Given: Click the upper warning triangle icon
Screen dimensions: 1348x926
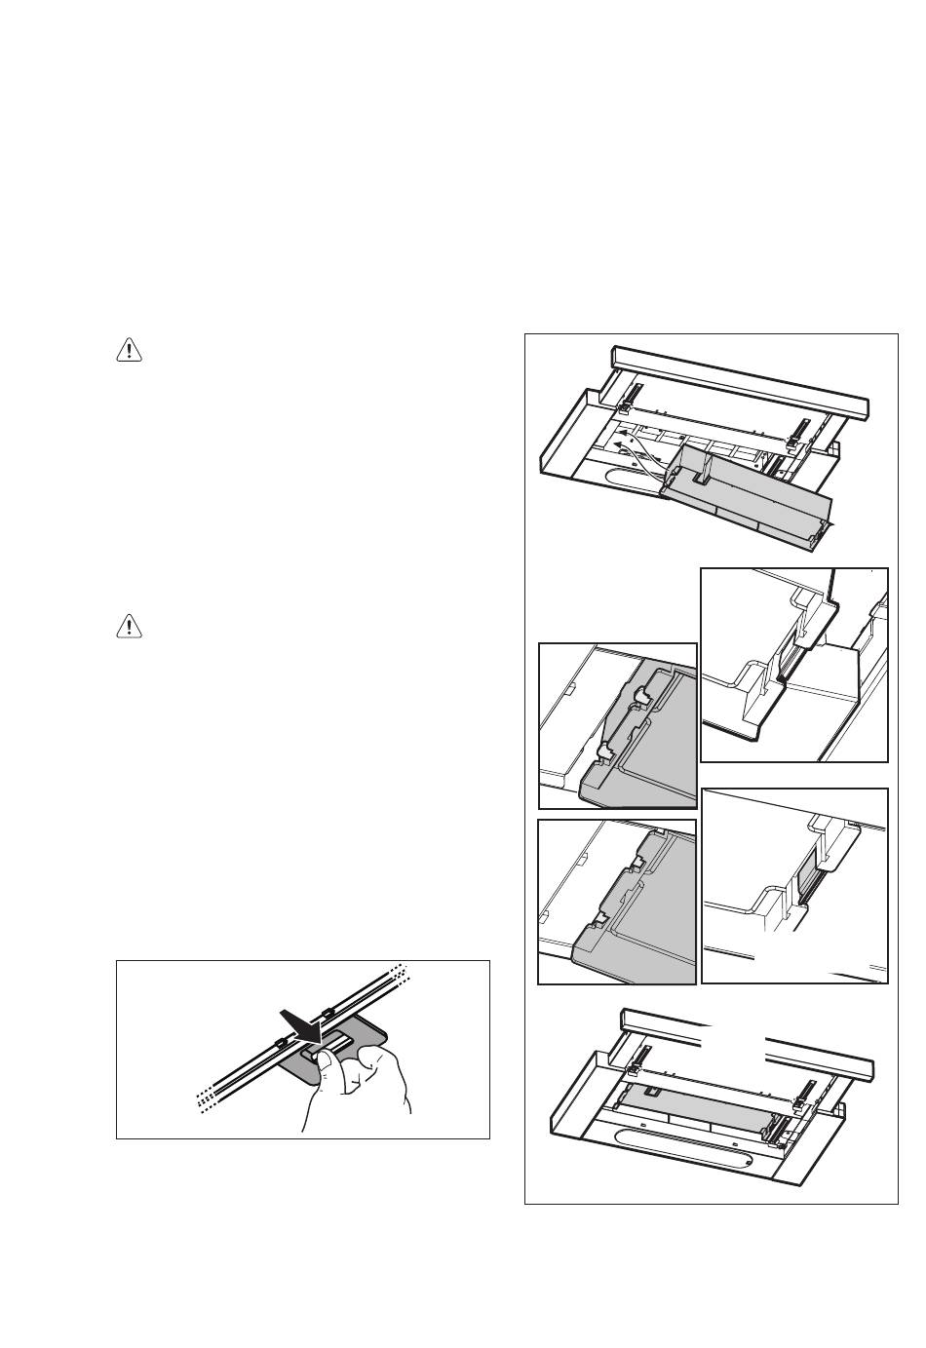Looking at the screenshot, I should (x=129, y=351).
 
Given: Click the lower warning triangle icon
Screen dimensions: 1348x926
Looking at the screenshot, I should (x=129, y=626).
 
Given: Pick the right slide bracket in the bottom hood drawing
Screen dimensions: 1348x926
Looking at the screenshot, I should (x=805, y=1096).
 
